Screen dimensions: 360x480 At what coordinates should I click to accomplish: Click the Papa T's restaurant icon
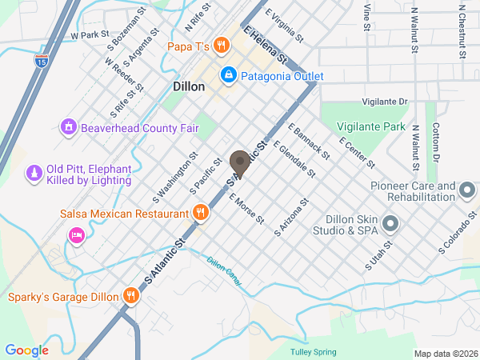pyautogui.click(x=222, y=46)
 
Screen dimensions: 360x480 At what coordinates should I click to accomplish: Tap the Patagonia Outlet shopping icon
pyautogui.click(x=229, y=75)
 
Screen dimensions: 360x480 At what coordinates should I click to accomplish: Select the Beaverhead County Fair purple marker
pyautogui.click(x=69, y=126)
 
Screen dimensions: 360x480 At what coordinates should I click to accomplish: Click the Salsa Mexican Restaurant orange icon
pyautogui.click(x=201, y=214)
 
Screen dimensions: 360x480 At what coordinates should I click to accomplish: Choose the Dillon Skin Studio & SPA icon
pyautogui.click(x=390, y=222)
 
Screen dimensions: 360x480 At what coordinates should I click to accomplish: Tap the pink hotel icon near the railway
pyautogui.click(x=77, y=235)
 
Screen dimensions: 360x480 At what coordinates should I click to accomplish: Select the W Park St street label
pyautogui.click(x=89, y=35)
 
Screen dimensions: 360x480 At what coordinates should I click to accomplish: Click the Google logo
pyautogui.click(x=26, y=350)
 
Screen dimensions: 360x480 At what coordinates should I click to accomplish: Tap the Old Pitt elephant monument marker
pyautogui.click(x=34, y=174)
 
